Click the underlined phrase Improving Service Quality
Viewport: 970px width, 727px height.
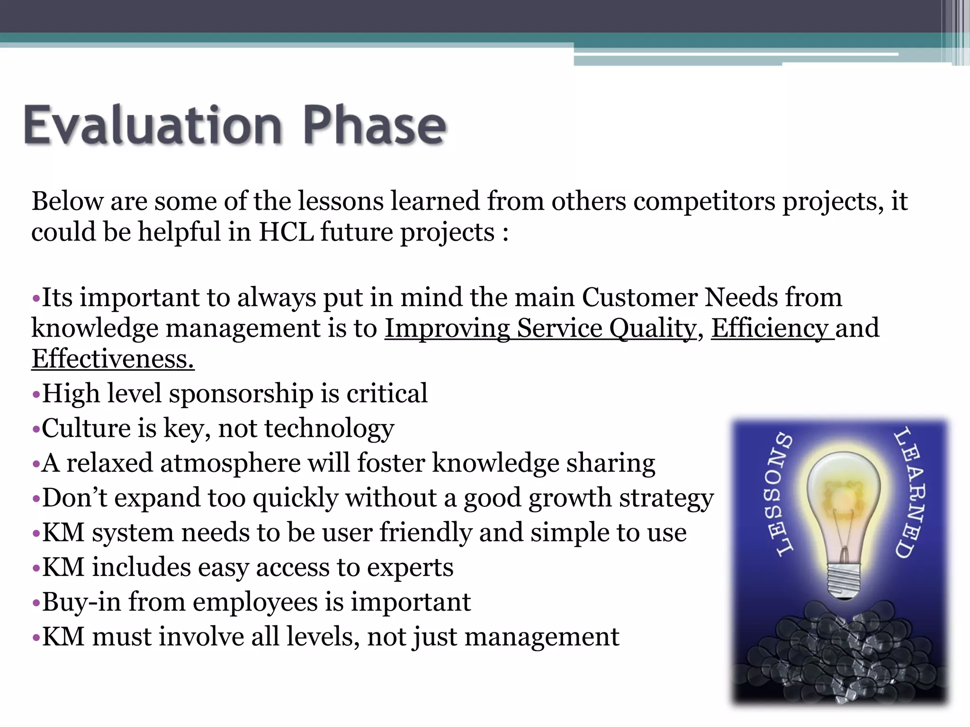(x=540, y=328)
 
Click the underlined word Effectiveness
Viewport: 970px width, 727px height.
(x=113, y=359)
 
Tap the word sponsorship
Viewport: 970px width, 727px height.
(x=241, y=394)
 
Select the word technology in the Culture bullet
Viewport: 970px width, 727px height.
(x=329, y=428)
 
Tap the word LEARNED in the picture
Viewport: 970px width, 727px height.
(x=909, y=492)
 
